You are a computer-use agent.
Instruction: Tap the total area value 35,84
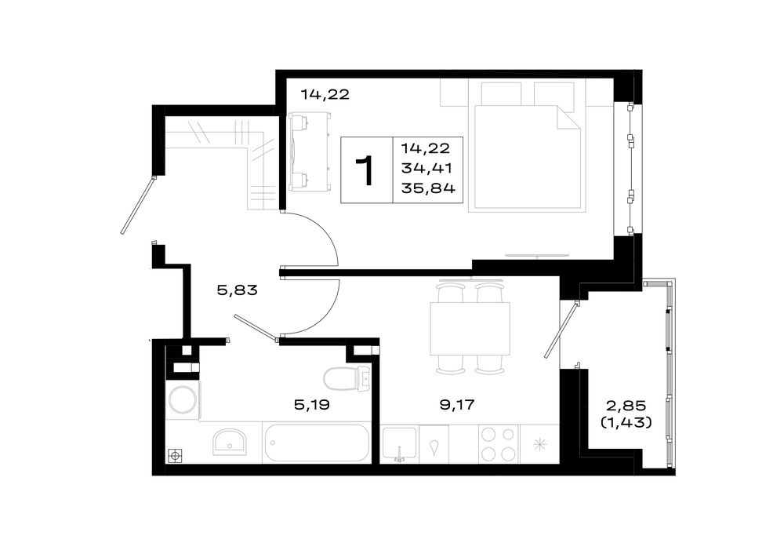point(428,188)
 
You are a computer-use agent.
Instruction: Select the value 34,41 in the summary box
point(426,168)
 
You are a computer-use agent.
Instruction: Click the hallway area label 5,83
point(237,290)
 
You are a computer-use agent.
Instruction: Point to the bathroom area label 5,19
point(311,404)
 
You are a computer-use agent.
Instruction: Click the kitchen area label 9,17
point(456,404)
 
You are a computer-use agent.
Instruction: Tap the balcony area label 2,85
point(626,405)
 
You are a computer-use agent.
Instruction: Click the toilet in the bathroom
point(347,378)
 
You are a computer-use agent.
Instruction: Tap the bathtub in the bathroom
point(317,443)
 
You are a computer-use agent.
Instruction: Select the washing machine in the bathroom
point(183,400)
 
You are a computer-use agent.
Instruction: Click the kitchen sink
point(399,443)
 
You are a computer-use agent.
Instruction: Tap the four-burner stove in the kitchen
point(499,444)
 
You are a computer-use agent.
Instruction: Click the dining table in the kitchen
point(470,328)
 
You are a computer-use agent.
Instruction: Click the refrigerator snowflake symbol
point(539,444)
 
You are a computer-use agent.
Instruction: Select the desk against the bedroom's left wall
point(308,151)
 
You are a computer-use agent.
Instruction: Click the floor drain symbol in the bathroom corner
point(175,456)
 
